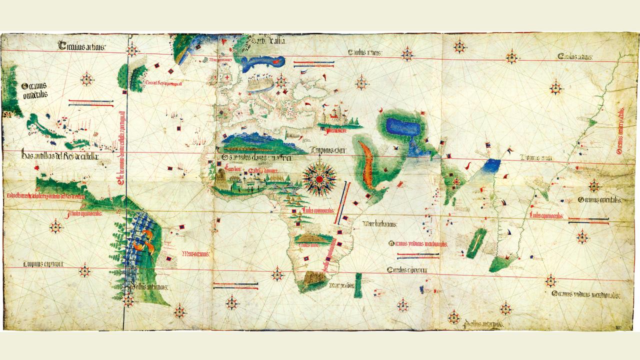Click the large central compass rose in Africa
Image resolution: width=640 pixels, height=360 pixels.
point(318,178)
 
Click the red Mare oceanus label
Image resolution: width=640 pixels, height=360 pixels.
point(195,253)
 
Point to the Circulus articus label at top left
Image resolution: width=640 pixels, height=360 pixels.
point(81,47)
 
